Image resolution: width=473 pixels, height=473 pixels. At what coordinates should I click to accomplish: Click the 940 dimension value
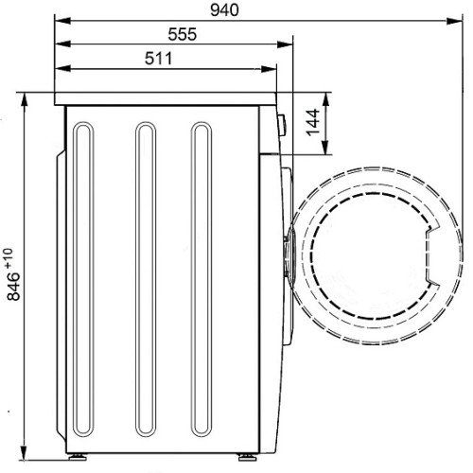click(x=224, y=10)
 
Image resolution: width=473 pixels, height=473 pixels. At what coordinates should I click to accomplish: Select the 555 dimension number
click(x=183, y=34)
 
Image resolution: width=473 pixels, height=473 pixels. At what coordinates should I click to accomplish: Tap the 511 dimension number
click(x=159, y=59)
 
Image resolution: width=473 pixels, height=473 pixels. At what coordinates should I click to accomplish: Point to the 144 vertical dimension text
click(x=313, y=122)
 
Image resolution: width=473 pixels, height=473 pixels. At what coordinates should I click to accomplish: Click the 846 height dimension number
click(x=13, y=287)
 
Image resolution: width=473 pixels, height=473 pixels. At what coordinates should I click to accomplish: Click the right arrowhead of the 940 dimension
click(x=455, y=21)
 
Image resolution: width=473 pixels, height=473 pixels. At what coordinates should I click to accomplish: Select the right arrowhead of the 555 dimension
click(x=285, y=44)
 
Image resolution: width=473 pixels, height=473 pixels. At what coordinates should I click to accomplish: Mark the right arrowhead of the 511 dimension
click(x=269, y=69)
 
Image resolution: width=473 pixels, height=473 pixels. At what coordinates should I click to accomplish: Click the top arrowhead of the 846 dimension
click(x=25, y=101)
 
